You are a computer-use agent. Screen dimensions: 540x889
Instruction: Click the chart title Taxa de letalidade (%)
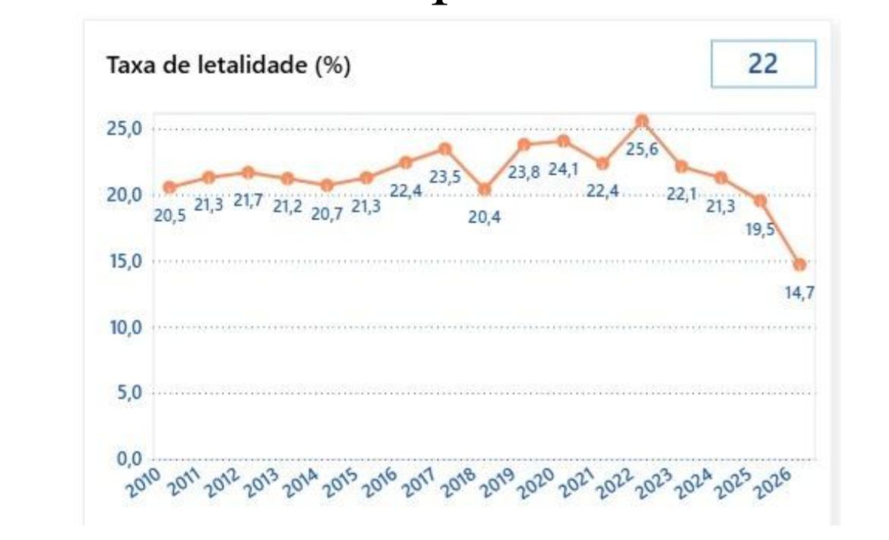(229, 66)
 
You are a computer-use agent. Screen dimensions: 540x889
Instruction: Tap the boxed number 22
(763, 64)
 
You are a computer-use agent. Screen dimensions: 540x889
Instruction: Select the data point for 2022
(642, 121)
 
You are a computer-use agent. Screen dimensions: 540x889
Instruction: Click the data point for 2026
(799, 264)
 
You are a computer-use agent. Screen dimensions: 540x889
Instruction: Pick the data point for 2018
(485, 189)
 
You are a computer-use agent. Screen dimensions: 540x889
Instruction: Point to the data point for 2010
(169, 187)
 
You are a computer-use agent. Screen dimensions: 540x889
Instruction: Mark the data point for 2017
(445, 148)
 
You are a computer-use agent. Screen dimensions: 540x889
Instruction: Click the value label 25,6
(642, 150)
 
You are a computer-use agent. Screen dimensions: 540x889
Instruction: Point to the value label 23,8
(524, 172)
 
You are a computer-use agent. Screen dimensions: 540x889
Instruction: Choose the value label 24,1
(563, 169)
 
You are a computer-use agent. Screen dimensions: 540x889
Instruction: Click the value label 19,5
(760, 229)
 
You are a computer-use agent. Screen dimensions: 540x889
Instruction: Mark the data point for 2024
(721, 178)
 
